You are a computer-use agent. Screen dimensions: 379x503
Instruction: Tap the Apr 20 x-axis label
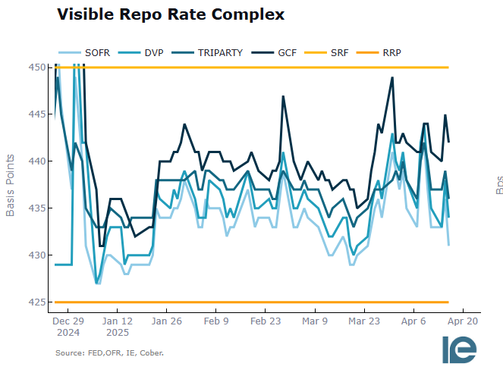462,321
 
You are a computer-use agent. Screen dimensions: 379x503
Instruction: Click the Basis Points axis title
11,185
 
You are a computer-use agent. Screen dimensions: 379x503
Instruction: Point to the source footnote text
109,353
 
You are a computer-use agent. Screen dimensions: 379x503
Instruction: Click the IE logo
460,349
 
